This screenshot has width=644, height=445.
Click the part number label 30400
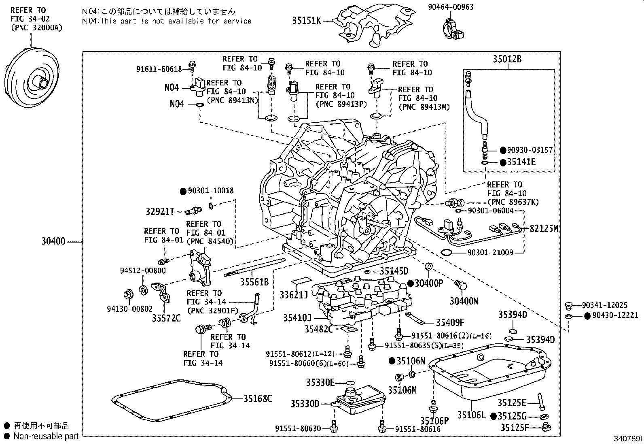pos(53,242)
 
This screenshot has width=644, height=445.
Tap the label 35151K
pos(306,21)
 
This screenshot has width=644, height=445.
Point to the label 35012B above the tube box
pos(507,59)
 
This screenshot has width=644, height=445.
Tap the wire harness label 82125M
pos(544,229)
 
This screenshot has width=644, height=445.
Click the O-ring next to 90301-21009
pos(447,253)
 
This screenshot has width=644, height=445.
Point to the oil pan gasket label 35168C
pos(257,399)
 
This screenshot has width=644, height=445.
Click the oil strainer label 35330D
pos(305,404)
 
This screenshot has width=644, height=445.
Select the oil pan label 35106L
pos(471,415)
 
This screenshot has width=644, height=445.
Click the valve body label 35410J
pos(297,317)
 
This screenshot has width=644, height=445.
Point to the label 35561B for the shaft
pos(254,282)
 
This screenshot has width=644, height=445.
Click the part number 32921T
pos(160,211)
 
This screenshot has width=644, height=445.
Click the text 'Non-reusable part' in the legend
pos(46,436)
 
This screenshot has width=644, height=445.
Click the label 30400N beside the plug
pos(464,301)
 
